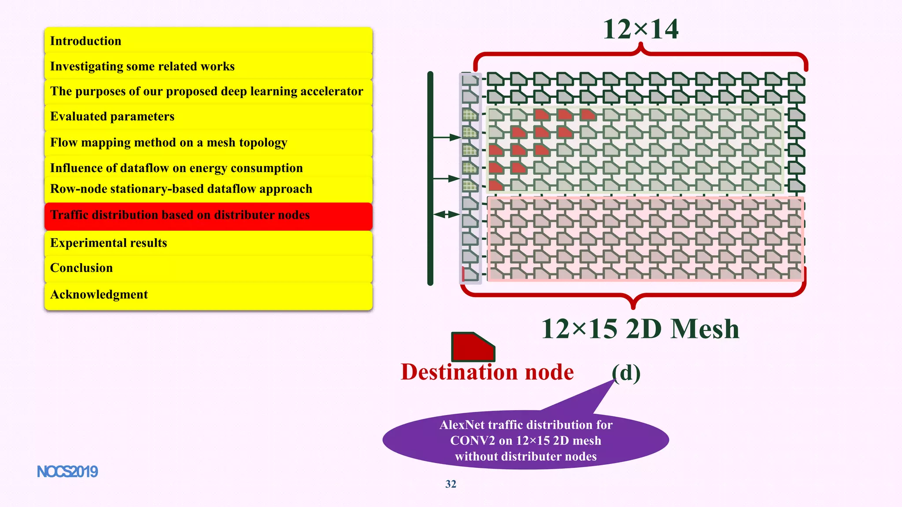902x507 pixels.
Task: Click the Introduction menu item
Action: pos(208,41)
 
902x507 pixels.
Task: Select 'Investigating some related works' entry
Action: pos(208,66)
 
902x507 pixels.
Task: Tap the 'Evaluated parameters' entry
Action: pos(208,117)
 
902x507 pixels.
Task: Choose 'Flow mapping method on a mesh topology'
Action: pos(208,143)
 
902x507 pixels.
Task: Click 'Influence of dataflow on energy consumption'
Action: pos(208,168)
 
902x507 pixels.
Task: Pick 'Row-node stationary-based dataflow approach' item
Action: pos(208,189)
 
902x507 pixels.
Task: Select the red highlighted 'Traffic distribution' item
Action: pos(208,215)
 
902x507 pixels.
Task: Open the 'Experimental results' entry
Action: pos(208,243)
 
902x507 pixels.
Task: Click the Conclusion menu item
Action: pos(208,268)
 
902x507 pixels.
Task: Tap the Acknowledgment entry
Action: pos(208,294)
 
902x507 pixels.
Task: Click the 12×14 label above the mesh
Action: pos(640,29)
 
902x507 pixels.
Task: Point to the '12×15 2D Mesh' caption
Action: pos(640,329)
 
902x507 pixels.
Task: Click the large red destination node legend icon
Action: pos(472,347)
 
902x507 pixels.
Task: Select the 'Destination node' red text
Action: pos(487,372)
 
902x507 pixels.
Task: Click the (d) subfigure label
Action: pos(626,373)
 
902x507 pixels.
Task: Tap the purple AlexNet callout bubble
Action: pos(525,440)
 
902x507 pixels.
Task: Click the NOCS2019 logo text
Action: pos(67,472)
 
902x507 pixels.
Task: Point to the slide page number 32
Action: pos(451,484)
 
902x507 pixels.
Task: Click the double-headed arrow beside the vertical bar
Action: pos(447,215)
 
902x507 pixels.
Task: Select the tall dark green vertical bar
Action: pos(430,178)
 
